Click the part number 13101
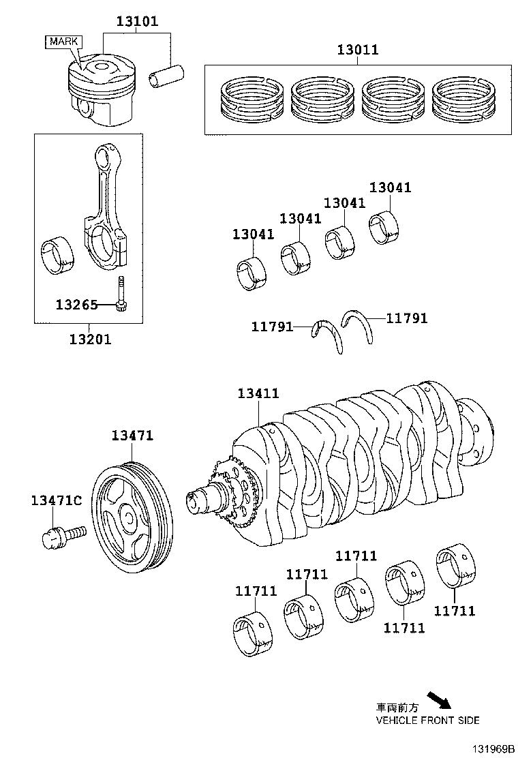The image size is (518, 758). pos(136,21)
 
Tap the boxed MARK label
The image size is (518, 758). pos(63,42)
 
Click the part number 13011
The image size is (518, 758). pos(358,50)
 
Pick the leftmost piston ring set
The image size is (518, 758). pos(249,100)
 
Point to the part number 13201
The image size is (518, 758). pos(89,339)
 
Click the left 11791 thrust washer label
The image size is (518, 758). pos(272,327)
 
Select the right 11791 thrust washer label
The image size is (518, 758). pos(407,318)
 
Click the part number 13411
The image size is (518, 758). pos(258,393)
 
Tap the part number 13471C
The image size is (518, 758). pos(56,501)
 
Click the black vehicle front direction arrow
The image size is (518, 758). pos(440,700)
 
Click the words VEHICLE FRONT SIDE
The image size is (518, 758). pos(427,720)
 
